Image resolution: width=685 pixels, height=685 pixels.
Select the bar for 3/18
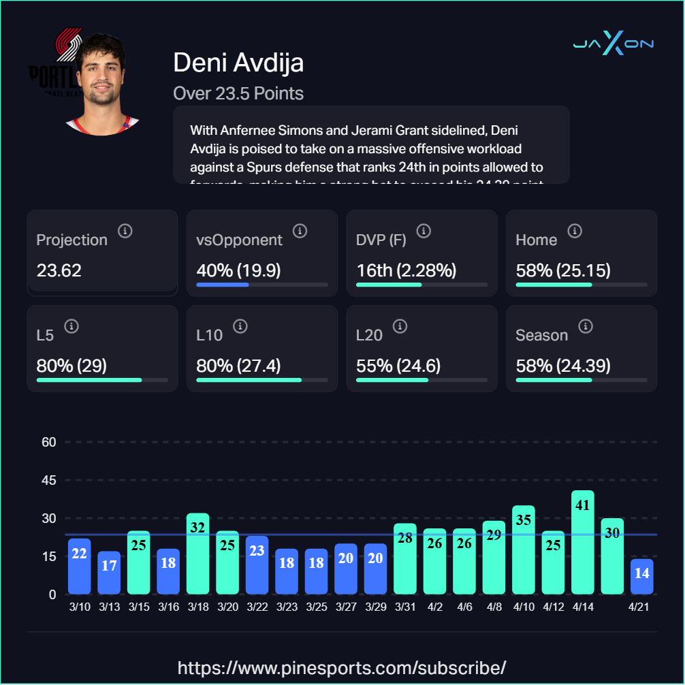pyautogui.click(x=197, y=554)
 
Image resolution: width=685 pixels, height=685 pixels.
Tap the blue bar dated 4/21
pyautogui.click(x=641, y=576)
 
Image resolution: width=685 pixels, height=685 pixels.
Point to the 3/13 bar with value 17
pyautogui.click(x=109, y=573)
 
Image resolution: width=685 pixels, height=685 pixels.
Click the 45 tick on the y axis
pyautogui.click(x=48, y=480)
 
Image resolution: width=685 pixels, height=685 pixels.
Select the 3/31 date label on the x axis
pyautogui.click(x=405, y=607)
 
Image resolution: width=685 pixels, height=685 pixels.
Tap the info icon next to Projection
pyautogui.click(x=125, y=232)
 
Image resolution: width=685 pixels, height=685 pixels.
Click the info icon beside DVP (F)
pyautogui.click(x=424, y=232)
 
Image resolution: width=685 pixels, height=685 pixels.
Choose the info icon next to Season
pyautogui.click(x=585, y=327)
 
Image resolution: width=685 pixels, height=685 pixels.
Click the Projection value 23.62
pyautogui.click(x=59, y=270)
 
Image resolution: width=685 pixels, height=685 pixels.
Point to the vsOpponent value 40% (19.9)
pyautogui.click(x=238, y=270)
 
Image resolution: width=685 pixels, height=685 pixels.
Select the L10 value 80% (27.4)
pyautogui.click(x=238, y=366)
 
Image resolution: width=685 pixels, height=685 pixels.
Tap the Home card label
pyautogui.click(x=537, y=240)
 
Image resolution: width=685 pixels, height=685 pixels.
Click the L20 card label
pyautogui.click(x=369, y=335)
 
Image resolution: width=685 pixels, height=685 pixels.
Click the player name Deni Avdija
pyautogui.click(x=238, y=63)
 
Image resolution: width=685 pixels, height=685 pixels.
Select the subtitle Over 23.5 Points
pyautogui.click(x=238, y=93)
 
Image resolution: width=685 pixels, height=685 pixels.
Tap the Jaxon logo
pyautogui.click(x=614, y=44)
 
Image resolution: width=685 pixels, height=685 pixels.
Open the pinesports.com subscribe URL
pyautogui.click(x=342, y=667)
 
